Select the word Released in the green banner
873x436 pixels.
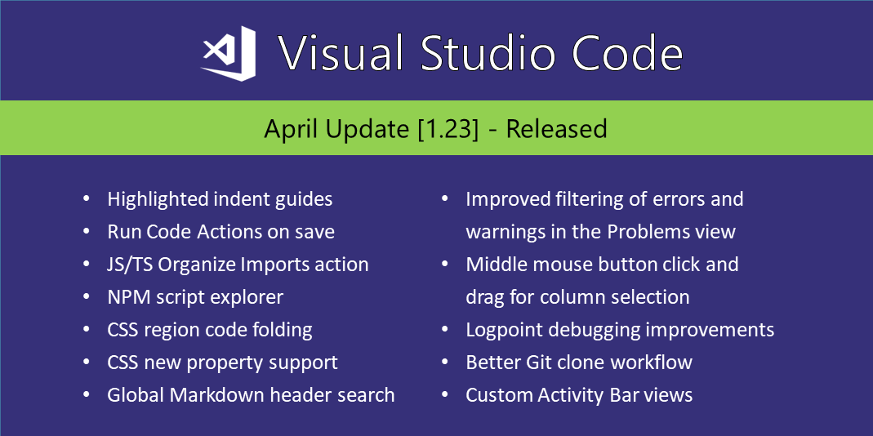[x=556, y=129]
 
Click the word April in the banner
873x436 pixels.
[x=292, y=129]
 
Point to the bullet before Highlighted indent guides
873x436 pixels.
[x=87, y=199]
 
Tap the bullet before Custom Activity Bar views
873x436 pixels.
[x=446, y=395]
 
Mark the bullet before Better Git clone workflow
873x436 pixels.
[x=446, y=363]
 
